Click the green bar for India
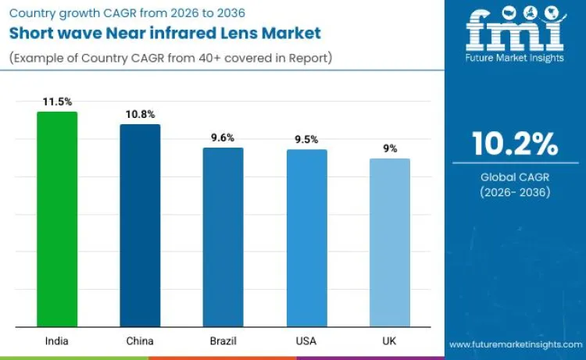pos(57,219)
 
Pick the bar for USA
pos(306,237)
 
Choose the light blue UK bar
pos(389,242)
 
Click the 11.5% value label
pos(57,102)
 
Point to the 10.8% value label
pos(140,114)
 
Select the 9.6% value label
pos(223,137)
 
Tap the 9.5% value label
pos(306,139)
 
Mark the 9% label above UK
pos(389,148)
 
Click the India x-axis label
pos(57,341)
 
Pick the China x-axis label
pos(140,341)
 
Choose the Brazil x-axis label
pos(223,341)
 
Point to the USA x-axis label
pos(306,341)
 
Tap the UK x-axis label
pos(389,341)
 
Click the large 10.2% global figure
pos(515,144)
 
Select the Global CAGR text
pos(515,178)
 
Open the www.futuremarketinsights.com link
pos(515,344)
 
